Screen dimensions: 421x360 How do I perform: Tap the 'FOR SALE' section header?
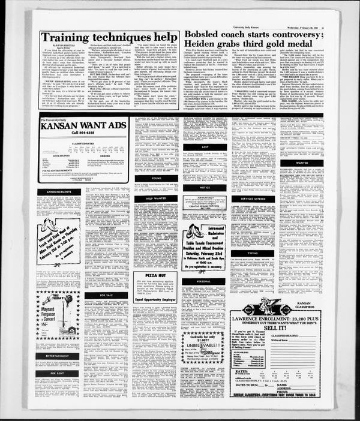[x=106, y=295]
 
